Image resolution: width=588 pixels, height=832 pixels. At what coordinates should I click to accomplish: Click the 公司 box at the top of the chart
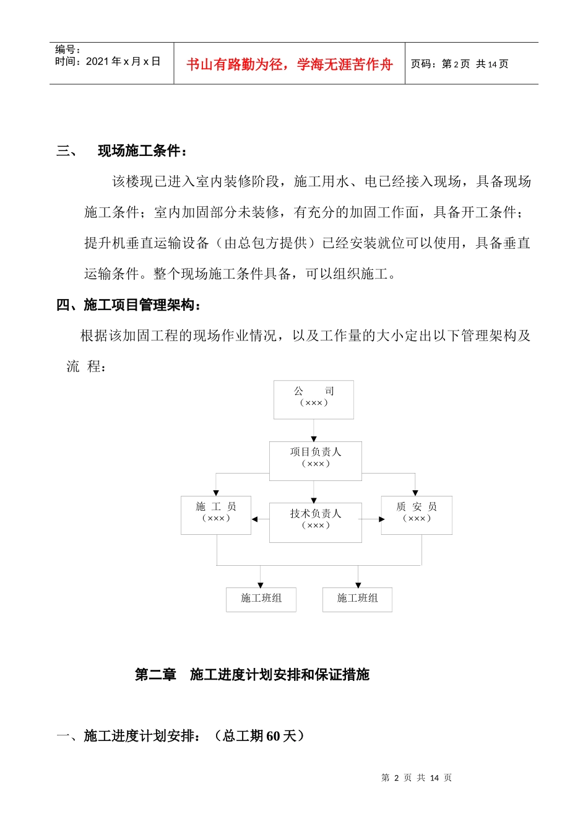(314, 399)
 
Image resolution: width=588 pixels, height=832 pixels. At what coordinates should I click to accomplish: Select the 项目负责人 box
(315, 461)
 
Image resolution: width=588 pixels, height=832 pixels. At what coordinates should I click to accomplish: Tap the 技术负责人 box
(315, 522)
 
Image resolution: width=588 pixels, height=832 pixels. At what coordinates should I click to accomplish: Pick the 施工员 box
(216, 515)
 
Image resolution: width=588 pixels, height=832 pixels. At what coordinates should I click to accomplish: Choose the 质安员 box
(417, 515)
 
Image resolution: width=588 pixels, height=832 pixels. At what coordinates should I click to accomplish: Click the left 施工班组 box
(261, 599)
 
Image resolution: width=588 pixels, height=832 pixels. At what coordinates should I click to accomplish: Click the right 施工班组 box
(357, 599)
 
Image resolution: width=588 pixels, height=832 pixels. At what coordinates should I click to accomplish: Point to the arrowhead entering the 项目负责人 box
(314, 438)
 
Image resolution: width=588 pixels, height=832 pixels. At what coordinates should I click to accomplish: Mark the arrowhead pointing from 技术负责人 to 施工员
(255, 519)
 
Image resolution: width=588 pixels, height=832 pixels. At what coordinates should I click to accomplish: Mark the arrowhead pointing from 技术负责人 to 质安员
(381, 519)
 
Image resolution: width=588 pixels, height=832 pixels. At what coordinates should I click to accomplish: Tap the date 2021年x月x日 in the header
(123, 61)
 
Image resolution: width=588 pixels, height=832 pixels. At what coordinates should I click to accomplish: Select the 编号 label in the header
(67, 50)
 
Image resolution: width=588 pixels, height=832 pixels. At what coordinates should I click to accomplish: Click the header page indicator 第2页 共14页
(459, 64)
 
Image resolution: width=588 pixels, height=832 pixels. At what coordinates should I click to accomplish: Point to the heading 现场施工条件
(142, 151)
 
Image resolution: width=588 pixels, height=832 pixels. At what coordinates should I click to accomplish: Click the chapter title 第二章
(155, 674)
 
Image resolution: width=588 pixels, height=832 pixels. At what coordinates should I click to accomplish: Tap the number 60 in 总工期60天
(274, 736)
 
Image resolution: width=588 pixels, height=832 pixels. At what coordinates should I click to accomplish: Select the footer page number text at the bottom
(417, 778)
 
